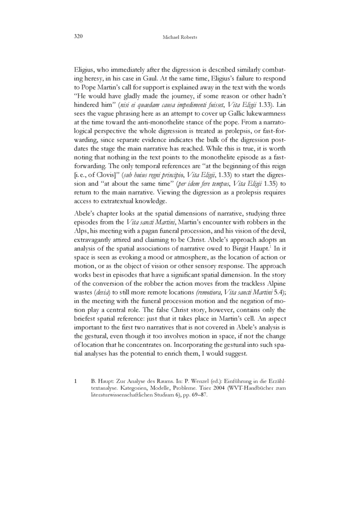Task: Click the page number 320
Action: coord(77,36)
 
